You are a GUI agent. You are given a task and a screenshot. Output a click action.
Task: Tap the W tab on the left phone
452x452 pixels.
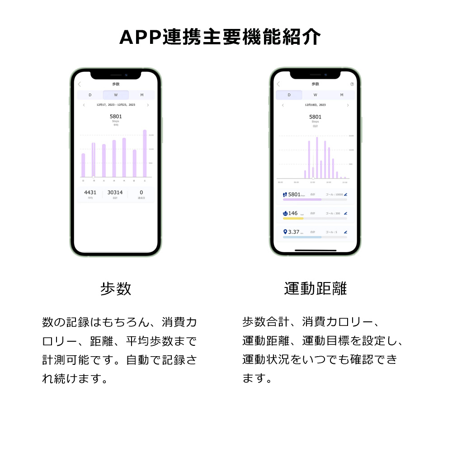click(x=116, y=95)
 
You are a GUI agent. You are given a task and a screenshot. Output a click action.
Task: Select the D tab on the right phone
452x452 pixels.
click(x=289, y=95)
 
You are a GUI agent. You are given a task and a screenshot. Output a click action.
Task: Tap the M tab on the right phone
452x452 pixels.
click(x=342, y=95)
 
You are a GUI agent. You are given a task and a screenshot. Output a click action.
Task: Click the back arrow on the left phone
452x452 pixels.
click(x=80, y=84)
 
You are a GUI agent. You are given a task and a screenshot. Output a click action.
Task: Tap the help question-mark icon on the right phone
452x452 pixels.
click(x=352, y=84)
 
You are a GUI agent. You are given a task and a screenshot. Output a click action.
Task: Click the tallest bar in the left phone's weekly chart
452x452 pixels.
click(x=145, y=154)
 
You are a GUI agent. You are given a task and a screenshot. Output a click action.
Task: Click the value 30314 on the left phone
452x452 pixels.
click(x=115, y=193)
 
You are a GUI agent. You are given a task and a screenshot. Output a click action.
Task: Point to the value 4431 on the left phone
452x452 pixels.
click(x=90, y=193)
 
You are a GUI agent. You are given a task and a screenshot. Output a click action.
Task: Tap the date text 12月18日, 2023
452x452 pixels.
click(x=315, y=105)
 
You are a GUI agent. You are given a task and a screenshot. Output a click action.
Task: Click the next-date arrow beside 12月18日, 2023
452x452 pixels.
click(x=348, y=105)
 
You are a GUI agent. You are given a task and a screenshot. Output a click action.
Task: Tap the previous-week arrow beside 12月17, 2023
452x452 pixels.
click(x=84, y=105)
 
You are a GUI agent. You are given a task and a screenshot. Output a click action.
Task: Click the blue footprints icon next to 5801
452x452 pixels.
click(x=285, y=194)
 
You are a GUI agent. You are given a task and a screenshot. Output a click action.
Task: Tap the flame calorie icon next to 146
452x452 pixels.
click(x=285, y=213)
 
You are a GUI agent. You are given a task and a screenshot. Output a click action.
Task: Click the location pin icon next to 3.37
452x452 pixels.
click(x=285, y=232)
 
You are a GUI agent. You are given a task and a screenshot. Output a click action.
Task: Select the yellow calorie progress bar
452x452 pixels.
click(x=293, y=218)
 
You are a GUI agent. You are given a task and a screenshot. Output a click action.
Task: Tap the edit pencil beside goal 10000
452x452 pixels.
click(x=346, y=194)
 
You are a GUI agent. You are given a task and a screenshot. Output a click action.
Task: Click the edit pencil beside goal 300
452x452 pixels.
click(x=346, y=213)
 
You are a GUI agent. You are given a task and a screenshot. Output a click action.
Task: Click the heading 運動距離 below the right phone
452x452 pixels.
click(x=315, y=288)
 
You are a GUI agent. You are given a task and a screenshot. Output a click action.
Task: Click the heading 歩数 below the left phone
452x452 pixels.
click(x=116, y=288)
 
